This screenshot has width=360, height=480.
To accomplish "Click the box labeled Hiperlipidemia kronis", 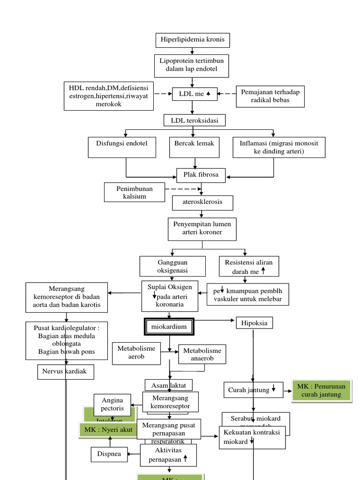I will click(193, 40).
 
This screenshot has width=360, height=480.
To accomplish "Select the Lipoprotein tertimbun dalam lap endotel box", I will click(192, 66).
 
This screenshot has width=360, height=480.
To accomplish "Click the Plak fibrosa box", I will click(201, 175).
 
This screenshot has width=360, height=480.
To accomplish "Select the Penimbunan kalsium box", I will click(135, 192).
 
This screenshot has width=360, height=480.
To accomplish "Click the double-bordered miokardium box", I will click(168, 327).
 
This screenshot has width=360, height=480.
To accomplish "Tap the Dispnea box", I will click(109, 454).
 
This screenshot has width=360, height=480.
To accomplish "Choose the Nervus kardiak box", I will click(66, 372).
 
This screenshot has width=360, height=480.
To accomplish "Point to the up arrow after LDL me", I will click(208, 94).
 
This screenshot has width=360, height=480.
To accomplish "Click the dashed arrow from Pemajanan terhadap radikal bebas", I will click(226, 94).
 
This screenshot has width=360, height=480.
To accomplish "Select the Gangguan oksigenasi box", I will click(172, 266).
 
